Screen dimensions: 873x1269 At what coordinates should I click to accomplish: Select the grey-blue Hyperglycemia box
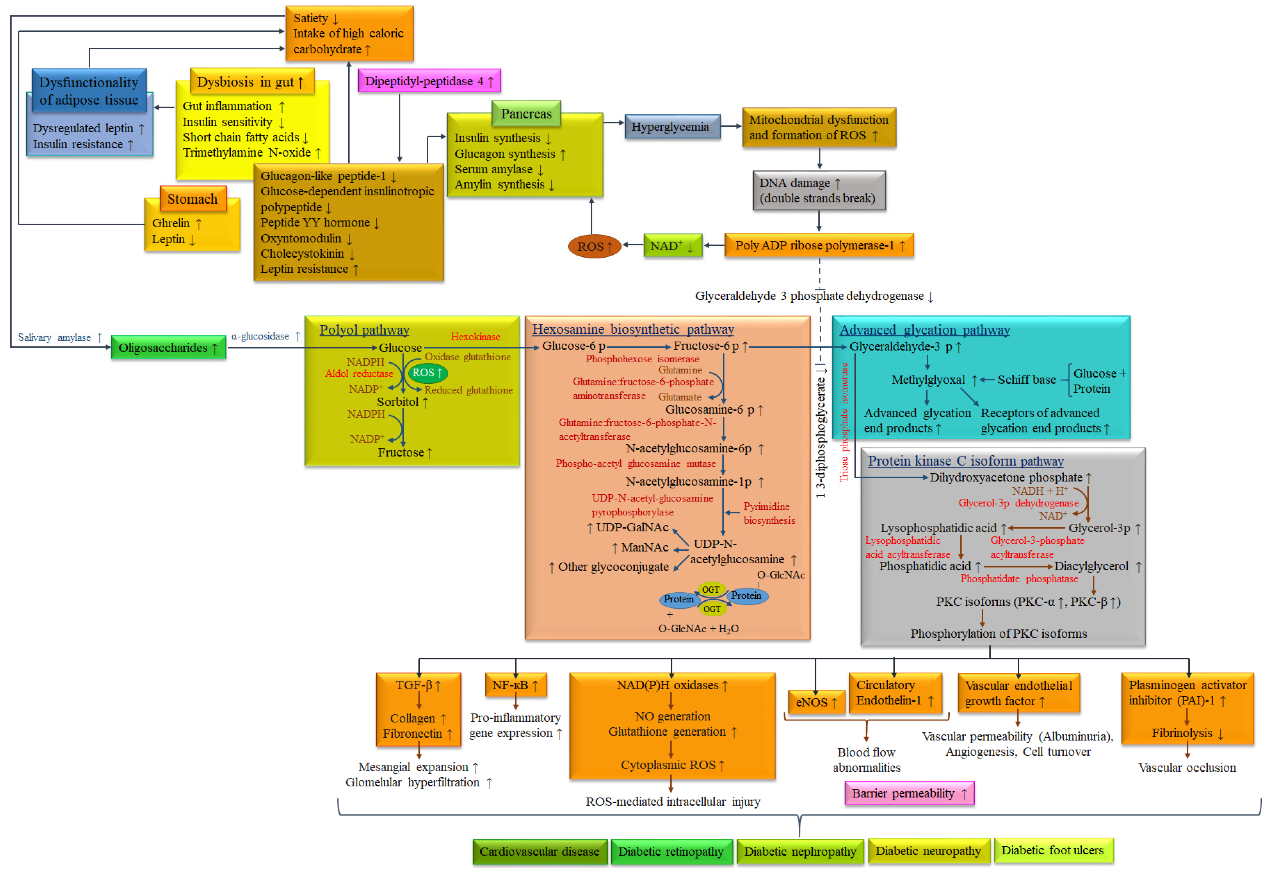click(672, 127)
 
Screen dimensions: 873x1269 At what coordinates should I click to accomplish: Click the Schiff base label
click(1026, 380)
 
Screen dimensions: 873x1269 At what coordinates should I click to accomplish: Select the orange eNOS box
click(815, 702)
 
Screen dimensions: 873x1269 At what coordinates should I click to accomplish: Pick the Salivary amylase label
click(59, 337)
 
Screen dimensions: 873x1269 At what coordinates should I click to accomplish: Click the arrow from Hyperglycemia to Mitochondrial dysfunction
click(731, 126)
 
